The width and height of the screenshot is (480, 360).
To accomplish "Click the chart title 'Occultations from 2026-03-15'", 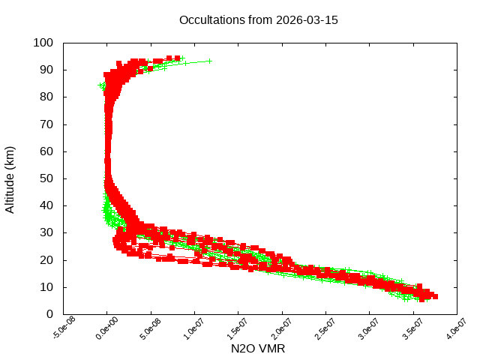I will pyautogui.click(x=258, y=20).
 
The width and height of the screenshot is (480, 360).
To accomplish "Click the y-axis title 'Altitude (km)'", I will pyautogui.click(x=10, y=178).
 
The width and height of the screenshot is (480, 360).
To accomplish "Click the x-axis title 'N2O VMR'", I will pyautogui.click(x=258, y=349).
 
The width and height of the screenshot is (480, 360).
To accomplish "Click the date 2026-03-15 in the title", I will pyautogui.click(x=307, y=20).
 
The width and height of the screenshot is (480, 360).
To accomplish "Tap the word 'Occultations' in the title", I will pyautogui.click(x=211, y=20).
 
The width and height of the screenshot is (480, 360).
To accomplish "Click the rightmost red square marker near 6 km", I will pyautogui.click(x=434, y=297).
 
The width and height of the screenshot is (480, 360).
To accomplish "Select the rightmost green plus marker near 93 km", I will pyautogui.click(x=210, y=61).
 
